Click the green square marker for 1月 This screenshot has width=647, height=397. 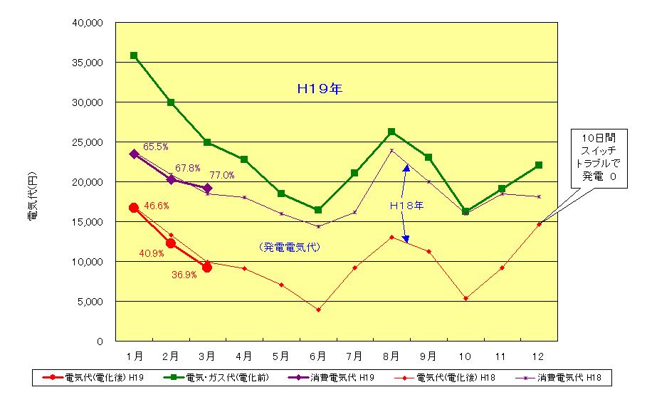coord(134,55)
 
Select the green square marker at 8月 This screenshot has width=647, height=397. coord(391,132)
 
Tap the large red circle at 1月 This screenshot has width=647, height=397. coord(134,208)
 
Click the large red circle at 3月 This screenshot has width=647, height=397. coord(207,268)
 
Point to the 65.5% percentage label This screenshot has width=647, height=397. coord(156,147)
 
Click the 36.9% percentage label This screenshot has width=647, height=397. coord(184,276)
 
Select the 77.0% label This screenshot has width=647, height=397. coord(222,175)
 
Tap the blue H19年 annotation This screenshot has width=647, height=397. coord(319,90)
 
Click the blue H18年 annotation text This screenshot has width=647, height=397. coord(406,206)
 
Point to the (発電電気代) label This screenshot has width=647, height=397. coord(290,247)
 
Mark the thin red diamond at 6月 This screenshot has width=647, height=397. coord(318,309)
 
